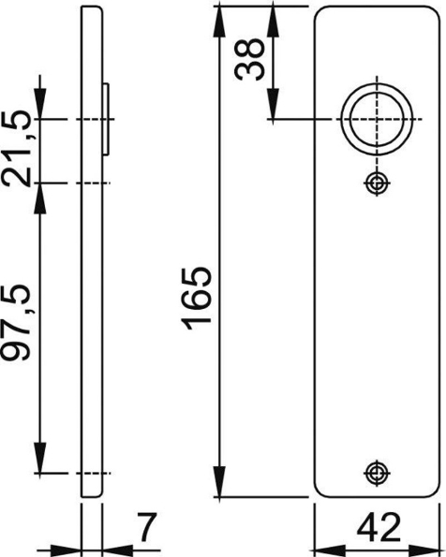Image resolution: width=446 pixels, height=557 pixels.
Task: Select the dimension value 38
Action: [251, 61]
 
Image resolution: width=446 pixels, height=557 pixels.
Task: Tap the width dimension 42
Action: [375, 525]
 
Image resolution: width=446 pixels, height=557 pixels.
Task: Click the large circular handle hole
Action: [375, 120]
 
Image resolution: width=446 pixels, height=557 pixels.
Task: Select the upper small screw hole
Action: [377, 183]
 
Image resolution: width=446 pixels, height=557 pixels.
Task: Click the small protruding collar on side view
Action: [107, 120]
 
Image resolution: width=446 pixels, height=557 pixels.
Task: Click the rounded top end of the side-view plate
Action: [92, 10]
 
